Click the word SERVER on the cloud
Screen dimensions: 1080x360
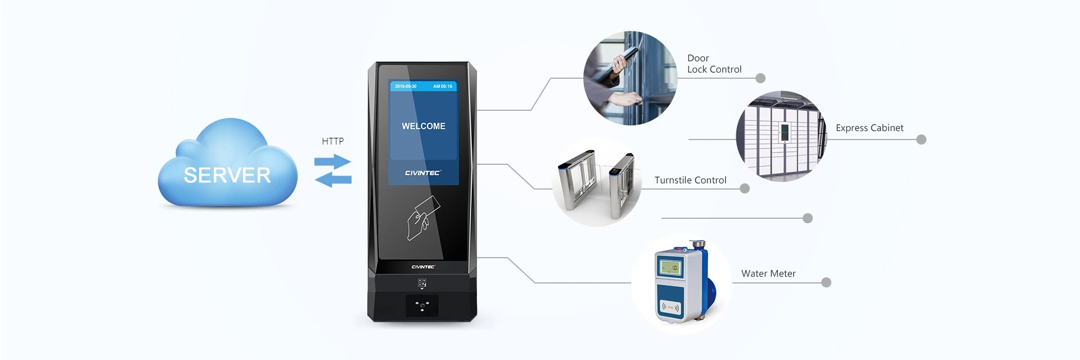pyautogui.click(x=227, y=175)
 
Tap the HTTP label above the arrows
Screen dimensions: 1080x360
pyautogui.click(x=332, y=141)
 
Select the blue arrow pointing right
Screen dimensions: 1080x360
pyautogui.click(x=333, y=161)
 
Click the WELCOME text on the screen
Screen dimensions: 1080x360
pyautogui.click(x=423, y=126)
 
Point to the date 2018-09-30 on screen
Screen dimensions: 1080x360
pyautogui.click(x=406, y=87)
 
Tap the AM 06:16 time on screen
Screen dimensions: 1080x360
pyautogui.click(x=442, y=87)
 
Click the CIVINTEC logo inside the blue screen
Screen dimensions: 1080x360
pyautogui.click(x=423, y=173)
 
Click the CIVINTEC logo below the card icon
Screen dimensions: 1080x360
pyautogui.click(x=423, y=267)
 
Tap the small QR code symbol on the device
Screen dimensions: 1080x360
pyautogui.click(x=422, y=283)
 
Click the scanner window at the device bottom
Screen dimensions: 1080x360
pyautogui.click(x=422, y=306)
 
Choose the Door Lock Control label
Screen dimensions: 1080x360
pyautogui.click(x=714, y=64)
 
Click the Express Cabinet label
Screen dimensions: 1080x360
pyautogui.click(x=869, y=128)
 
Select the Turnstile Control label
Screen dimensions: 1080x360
pyautogui.click(x=690, y=180)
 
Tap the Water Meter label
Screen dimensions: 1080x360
pyautogui.click(x=768, y=273)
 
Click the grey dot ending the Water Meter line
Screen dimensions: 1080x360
pyautogui.click(x=826, y=282)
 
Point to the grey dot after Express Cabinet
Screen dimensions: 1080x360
pyautogui.click(x=921, y=139)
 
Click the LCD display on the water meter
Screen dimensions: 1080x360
pyautogui.click(x=670, y=268)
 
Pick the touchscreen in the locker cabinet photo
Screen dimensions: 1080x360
pyautogui.click(x=784, y=133)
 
